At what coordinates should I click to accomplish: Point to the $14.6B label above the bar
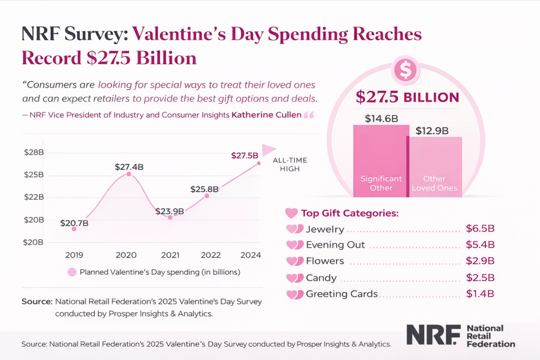381,119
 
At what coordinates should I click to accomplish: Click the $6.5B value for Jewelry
480,229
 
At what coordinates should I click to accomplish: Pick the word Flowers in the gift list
325,261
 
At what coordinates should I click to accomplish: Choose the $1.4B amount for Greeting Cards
480,294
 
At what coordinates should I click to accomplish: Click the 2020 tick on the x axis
126,255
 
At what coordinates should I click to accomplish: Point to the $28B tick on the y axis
34,152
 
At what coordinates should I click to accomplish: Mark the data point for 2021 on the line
170,217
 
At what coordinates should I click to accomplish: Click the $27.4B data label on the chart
129,167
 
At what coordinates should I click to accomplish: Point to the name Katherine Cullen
266,114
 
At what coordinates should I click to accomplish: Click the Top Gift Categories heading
349,213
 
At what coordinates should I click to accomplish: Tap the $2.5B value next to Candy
480,278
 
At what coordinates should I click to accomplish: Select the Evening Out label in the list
335,245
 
